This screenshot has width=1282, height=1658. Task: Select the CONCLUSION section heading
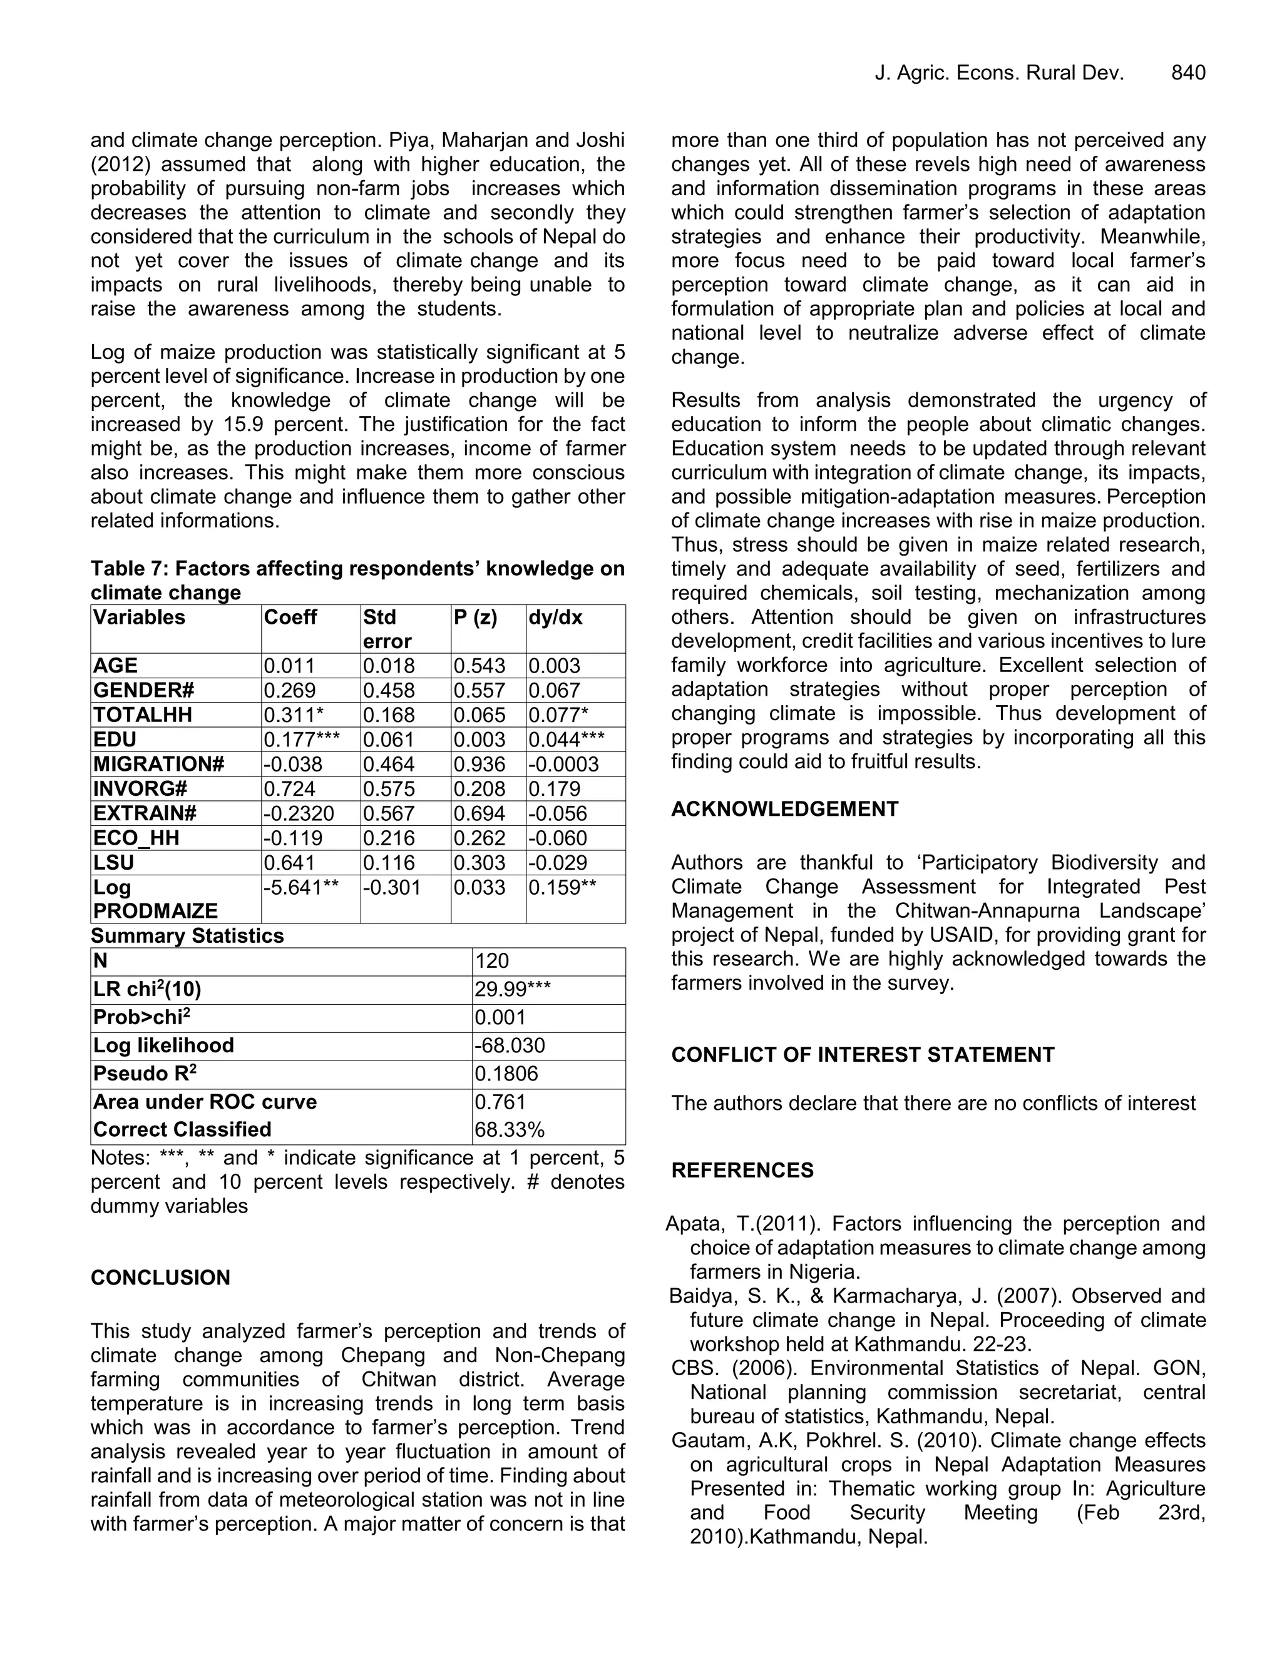(x=160, y=1278)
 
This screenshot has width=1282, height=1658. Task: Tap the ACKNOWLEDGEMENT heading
(x=784, y=809)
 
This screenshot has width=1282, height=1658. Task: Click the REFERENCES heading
(x=742, y=1171)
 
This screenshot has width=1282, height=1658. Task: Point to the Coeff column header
(x=290, y=617)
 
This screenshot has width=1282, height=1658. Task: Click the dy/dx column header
(x=555, y=617)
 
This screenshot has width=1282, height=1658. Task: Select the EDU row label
(x=115, y=740)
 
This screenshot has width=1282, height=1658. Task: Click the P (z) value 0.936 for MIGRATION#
(x=479, y=765)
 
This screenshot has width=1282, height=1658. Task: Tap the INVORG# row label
(x=140, y=789)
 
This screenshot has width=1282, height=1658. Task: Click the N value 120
(x=491, y=961)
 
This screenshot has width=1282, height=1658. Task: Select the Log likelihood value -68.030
(x=510, y=1045)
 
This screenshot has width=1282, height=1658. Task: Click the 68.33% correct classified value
(x=510, y=1129)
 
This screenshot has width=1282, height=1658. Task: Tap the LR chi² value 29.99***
(x=513, y=989)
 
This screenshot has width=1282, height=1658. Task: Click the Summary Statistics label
(x=187, y=935)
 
